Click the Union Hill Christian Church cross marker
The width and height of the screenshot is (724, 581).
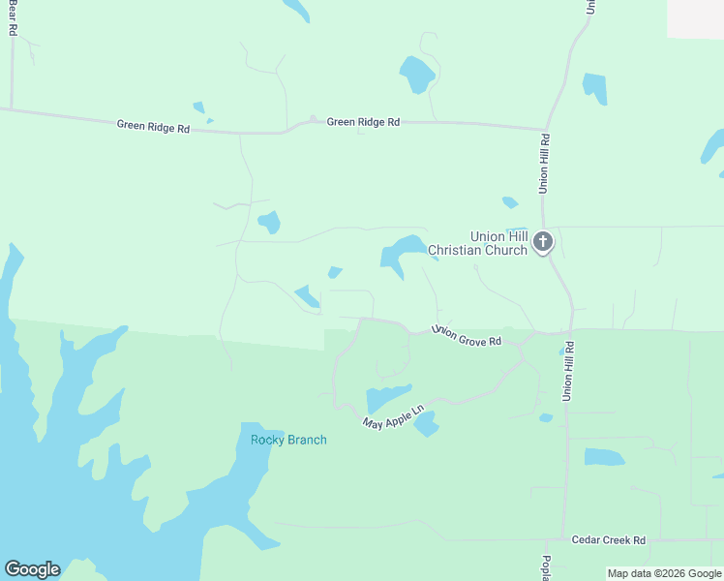[543, 241]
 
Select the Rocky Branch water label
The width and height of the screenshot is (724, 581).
[288, 440]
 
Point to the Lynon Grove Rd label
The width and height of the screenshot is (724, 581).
[468, 336]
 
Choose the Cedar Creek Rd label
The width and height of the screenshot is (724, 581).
[609, 540]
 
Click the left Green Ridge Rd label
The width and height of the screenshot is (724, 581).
[153, 126]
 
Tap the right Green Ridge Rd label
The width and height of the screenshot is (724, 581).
[363, 122]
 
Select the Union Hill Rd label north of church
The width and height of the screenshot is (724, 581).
[545, 162]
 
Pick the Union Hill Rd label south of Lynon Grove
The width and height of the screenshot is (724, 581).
[569, 371]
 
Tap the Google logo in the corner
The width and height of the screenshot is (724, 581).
[32, 569]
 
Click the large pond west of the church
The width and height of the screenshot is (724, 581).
[401, 252]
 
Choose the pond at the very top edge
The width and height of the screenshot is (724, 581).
[296, 9]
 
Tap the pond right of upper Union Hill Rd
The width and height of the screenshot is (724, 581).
[595, 88]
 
